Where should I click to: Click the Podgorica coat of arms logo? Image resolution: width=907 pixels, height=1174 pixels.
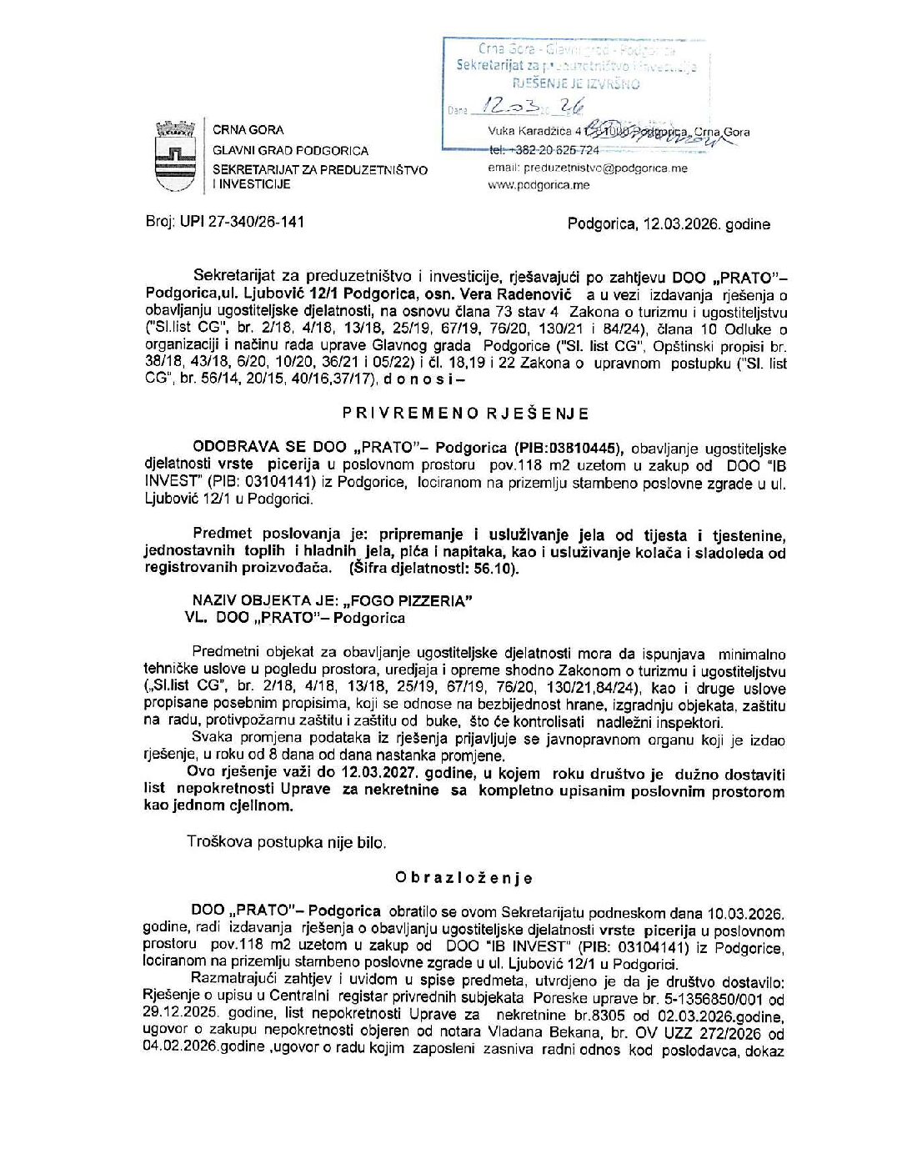[x=175, y=157]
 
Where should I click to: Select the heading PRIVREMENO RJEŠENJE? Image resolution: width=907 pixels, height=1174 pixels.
[x=466, y=414]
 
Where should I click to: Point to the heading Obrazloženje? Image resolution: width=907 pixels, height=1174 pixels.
[x=464, y=878]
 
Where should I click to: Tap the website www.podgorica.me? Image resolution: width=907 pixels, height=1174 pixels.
[x=539, y=185]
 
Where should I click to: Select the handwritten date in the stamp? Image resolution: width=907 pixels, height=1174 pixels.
[x=528, y=107]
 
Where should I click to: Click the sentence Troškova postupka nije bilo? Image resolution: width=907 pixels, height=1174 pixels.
[x=287, y=842]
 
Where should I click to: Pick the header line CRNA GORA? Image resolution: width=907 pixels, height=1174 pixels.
[x=248, y=130]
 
